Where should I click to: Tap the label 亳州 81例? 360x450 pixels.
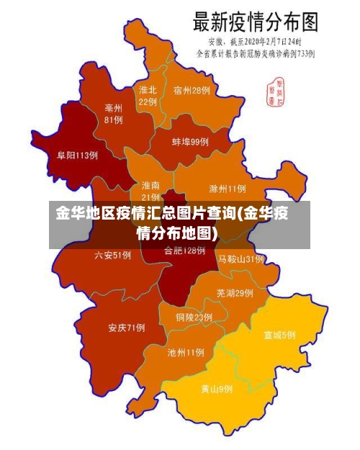113,114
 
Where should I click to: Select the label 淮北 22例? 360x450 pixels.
148,96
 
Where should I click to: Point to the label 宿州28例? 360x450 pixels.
192,91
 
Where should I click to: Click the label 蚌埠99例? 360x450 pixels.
190,142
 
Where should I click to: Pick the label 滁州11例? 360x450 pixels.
227,189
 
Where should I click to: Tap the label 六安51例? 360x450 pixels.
112,255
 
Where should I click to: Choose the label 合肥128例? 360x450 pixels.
184,251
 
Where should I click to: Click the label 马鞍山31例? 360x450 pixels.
241,258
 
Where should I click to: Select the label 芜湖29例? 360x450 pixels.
234,293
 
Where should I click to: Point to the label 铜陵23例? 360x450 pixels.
194,317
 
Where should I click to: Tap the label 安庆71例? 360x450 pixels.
127,328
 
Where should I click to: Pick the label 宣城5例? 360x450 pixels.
279,335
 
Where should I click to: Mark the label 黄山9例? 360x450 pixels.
216,389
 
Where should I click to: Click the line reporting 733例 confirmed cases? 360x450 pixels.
256,53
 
